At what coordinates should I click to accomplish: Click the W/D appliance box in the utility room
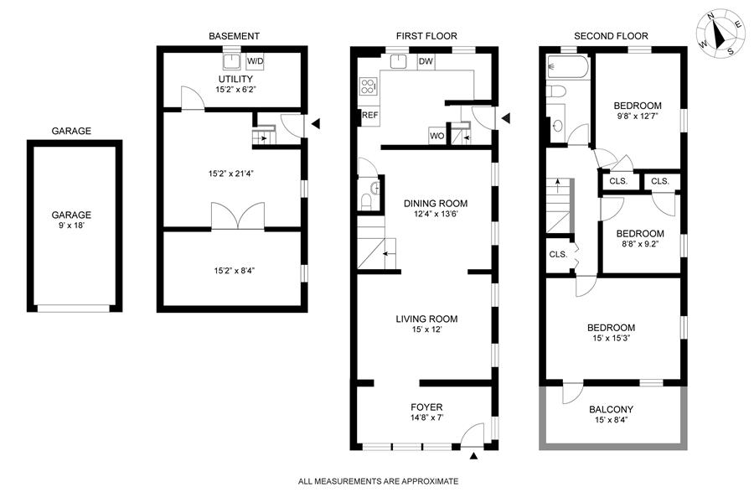255,61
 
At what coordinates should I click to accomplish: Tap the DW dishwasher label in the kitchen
426,61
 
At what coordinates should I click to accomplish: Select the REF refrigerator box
369,115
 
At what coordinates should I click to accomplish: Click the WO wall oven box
436,136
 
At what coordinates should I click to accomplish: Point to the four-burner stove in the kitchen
368,86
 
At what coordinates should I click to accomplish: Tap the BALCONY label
612,409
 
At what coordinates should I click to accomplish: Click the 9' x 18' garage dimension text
71,226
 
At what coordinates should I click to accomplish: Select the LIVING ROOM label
426,319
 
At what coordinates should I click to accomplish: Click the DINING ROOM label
435,203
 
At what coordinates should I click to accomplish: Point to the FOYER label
426,407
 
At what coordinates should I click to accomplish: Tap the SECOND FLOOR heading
611,36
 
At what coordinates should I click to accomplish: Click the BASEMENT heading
234,36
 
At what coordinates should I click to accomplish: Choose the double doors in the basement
238,215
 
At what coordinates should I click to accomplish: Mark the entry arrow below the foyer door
473,456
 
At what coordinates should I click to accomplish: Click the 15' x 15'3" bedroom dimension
612,338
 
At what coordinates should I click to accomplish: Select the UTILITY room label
235,79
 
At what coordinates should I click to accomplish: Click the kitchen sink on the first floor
399,61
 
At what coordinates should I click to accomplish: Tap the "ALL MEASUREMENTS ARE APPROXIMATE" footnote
378,481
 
